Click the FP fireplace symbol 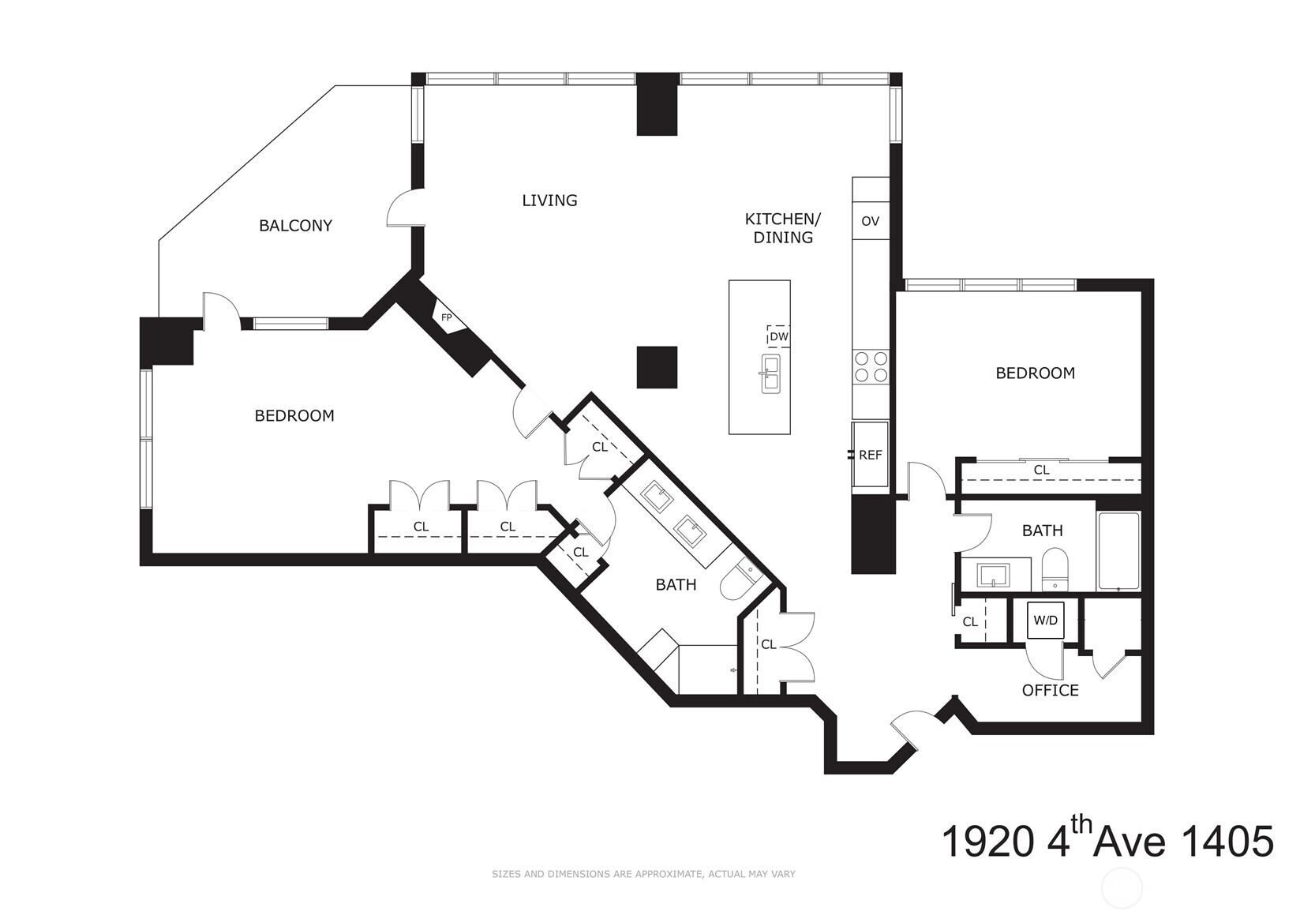tap(447, 318)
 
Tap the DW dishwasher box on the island tap(778, 336)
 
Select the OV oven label tap(870, 221)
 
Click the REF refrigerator tap(870, 455)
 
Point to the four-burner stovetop tap(871, 367)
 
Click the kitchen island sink tap(770, 373)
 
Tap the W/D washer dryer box tap(1046, 621)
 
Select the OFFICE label tap(1050, 691)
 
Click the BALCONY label tap(295, 226)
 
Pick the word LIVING tap(549, 201)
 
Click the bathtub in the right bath tap(1118, 551)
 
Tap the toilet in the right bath tap(1054, 570)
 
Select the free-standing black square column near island tap(657, 367)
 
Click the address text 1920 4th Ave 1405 tap(1107, 842)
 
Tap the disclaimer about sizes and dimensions tap(643, 874)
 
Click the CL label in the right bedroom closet tap(1041, 470)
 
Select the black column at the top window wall tap(657, 103)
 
